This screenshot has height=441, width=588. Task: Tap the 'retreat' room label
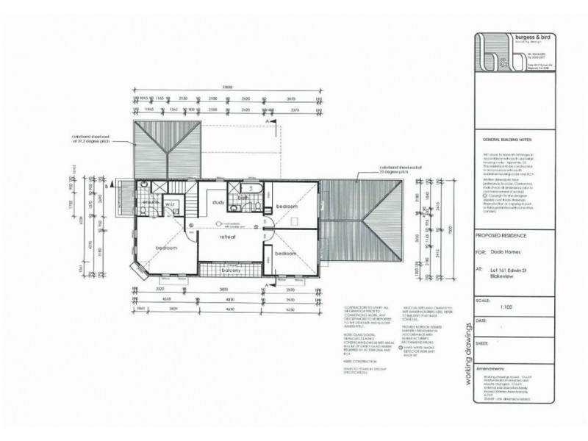[x=228, y=237]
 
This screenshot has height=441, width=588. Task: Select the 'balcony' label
[x=234, y=270]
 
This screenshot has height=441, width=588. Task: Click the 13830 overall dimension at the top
[x=228, y=88]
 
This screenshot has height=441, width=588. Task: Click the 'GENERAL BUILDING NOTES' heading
[x=507, y=138]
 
